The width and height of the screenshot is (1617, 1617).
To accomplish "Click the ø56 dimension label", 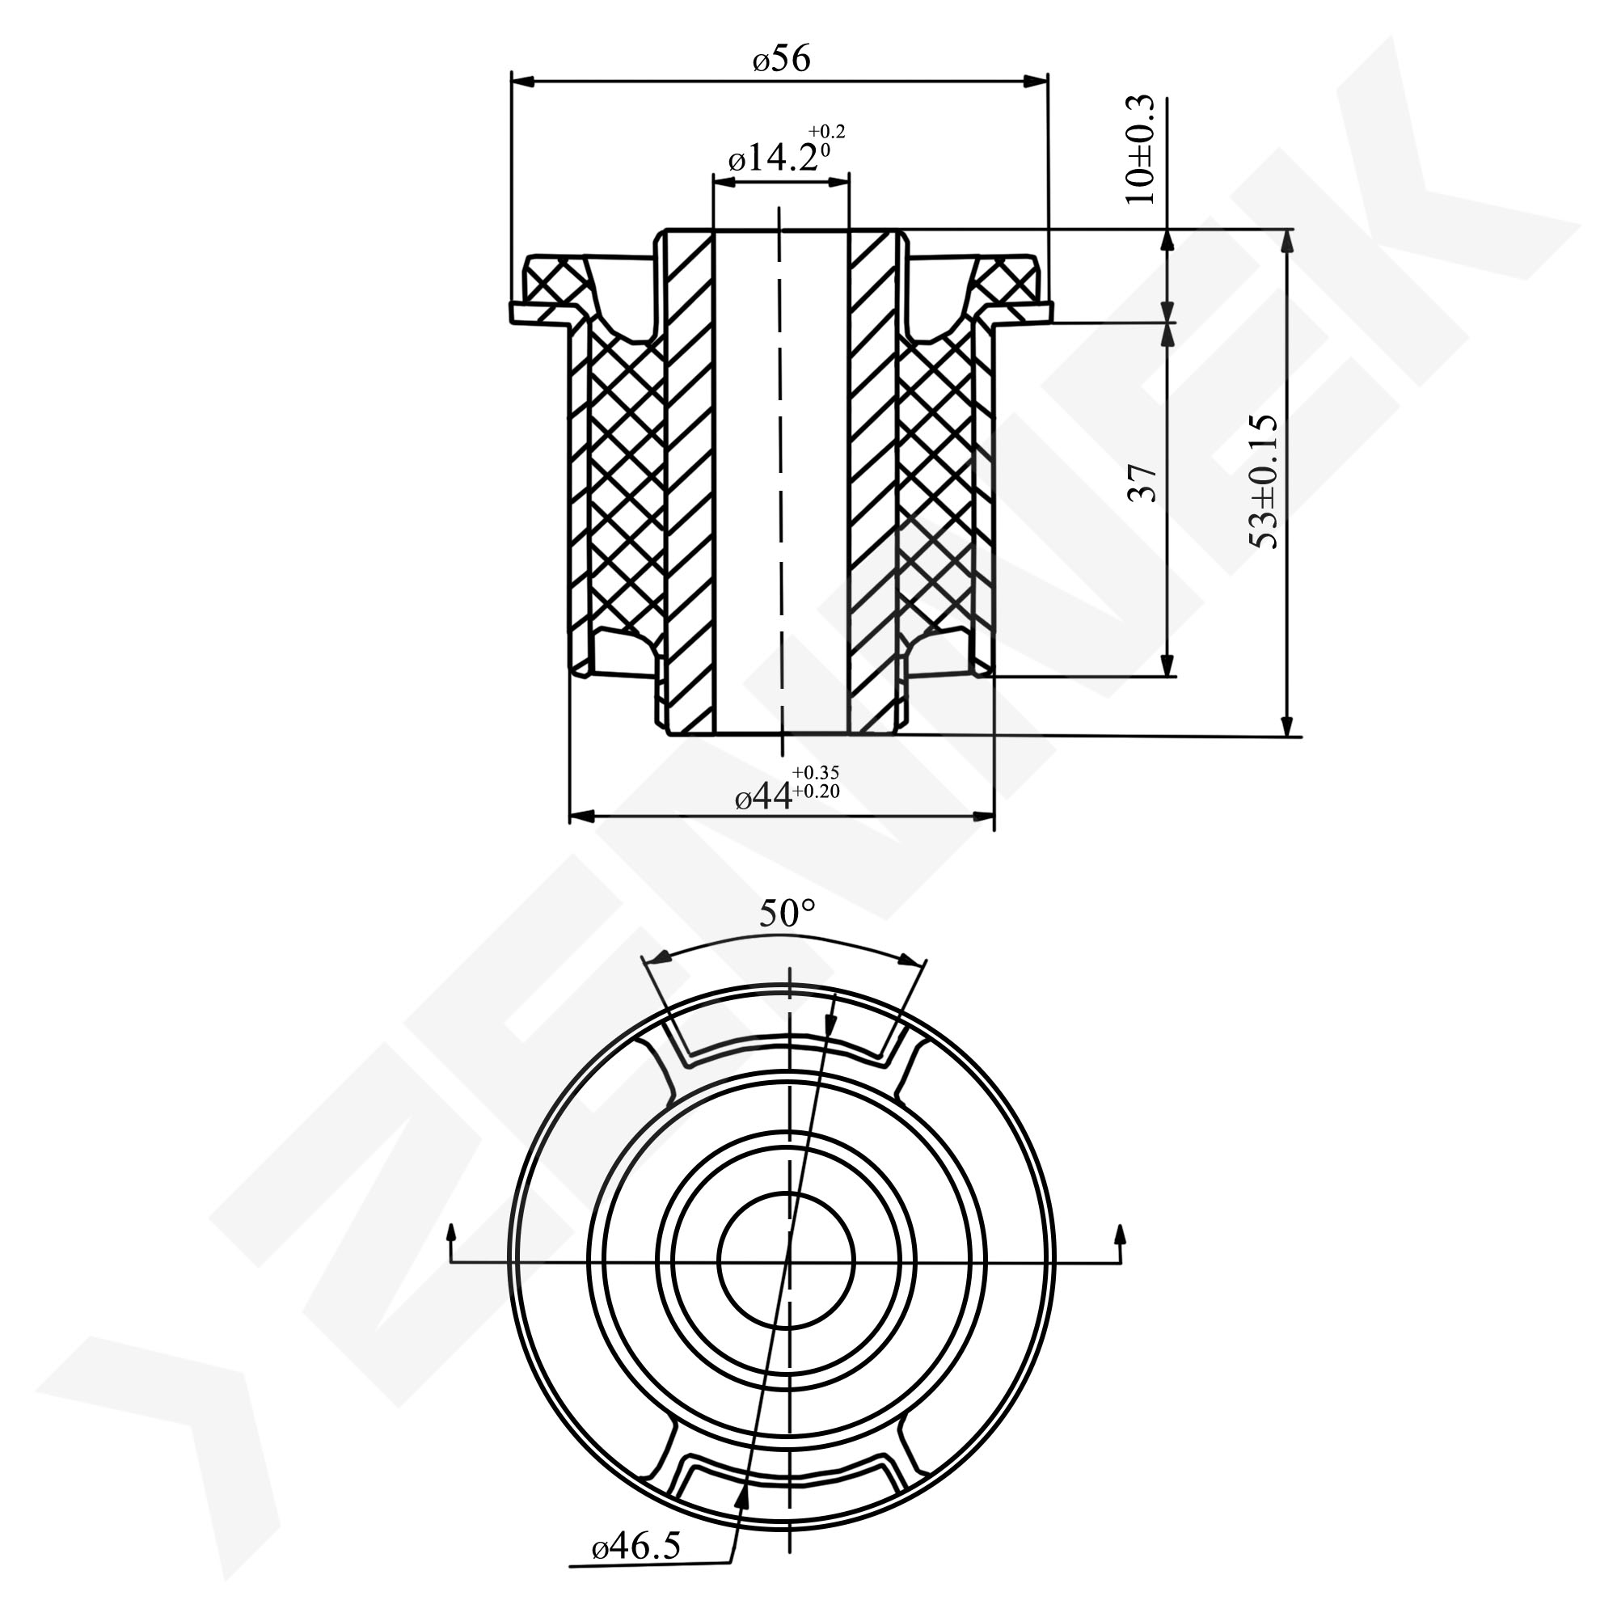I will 781,59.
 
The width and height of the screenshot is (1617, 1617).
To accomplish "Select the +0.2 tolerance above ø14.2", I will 827,132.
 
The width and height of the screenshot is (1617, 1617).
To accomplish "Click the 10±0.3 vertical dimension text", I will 1141,150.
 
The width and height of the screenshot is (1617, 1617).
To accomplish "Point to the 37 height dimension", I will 1143,483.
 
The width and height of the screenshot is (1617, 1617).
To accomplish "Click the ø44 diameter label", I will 762,799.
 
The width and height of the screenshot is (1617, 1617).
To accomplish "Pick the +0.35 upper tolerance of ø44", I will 816,772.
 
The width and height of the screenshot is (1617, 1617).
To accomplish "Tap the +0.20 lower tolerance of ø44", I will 816,791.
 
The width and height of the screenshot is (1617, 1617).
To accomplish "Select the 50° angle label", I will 787,914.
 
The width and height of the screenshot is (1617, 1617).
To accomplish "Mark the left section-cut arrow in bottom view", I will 452,1239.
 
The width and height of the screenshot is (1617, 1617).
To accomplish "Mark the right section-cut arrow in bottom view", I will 1121,1239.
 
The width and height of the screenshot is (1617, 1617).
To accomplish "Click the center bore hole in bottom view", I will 787,1260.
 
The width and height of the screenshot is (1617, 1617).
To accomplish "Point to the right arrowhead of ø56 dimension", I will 1038,81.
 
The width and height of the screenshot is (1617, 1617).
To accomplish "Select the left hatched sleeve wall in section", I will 690,485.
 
